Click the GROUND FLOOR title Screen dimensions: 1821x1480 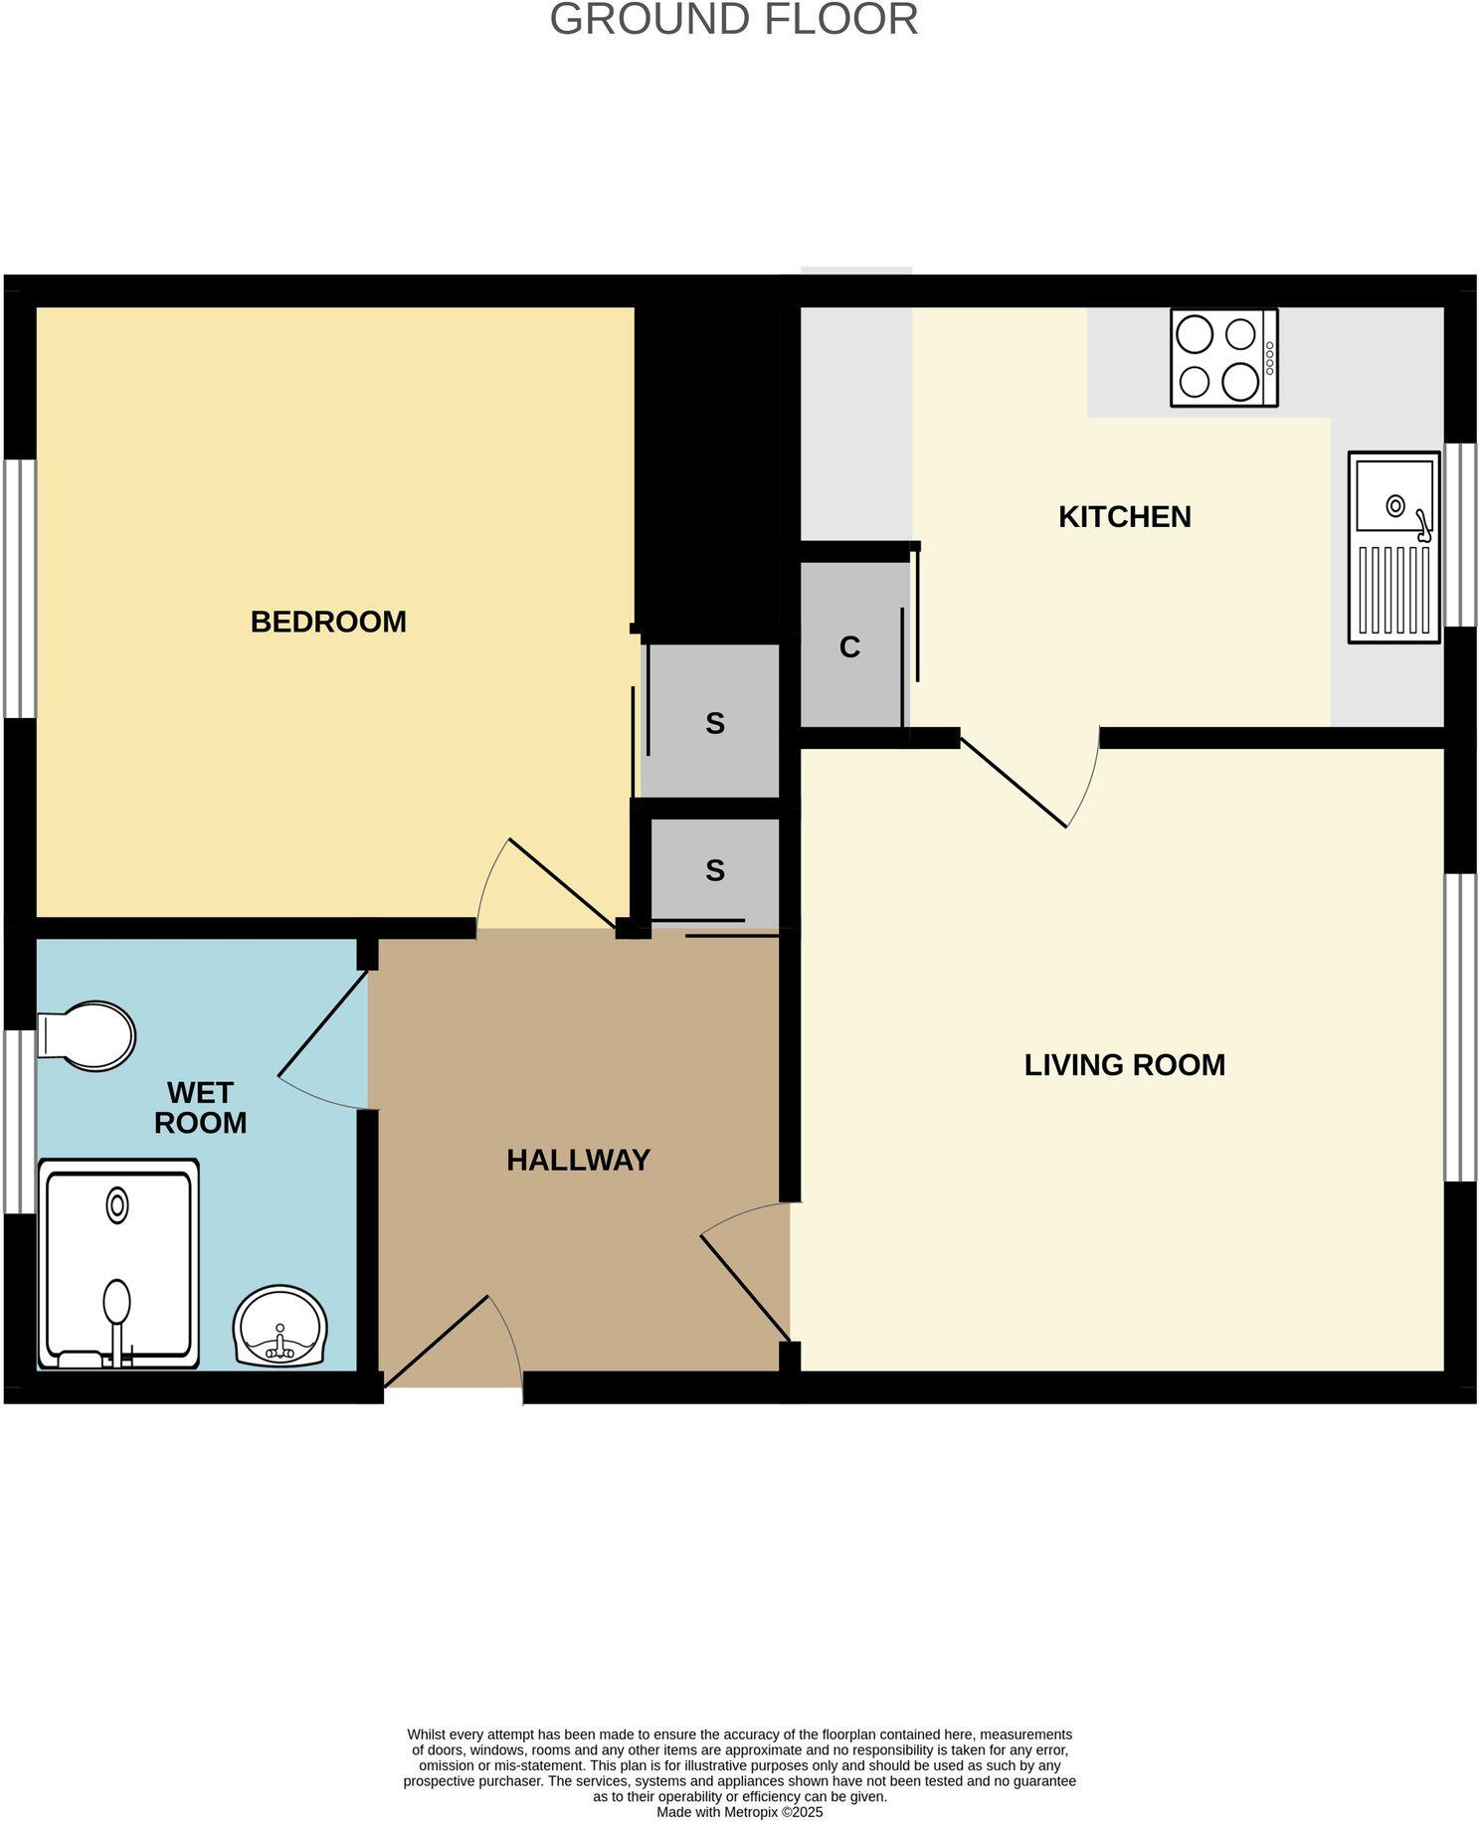tap(733, 20)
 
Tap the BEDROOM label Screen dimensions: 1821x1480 tap(328, 622)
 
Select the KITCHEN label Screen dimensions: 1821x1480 tap(1124, 517)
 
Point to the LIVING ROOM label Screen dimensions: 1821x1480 tap(1124, 1065)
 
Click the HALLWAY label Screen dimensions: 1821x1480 tap(578, 1161)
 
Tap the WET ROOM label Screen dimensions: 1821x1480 tap(200, 1108)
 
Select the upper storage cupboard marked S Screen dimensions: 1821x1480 tap(714, 723)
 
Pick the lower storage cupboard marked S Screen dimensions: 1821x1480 tap(714, 870)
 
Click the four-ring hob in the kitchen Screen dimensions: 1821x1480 tap(1223, 358)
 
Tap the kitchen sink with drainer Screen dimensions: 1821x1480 tap(1393, 547)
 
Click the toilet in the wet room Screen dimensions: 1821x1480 tap(88, 1035)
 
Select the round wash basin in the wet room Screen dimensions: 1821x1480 tap(279, 1327)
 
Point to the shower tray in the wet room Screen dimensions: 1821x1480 tap(117, 1263)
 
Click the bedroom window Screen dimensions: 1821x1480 tap(20, 588)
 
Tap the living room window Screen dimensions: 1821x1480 tap(1460, 1027)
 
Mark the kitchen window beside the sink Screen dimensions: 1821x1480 tap(1460, 535)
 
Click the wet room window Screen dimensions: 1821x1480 tap(20, 1122)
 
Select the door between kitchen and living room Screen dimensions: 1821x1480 tap(1024, 781)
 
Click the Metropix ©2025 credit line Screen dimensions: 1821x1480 tap(739, 1812)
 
